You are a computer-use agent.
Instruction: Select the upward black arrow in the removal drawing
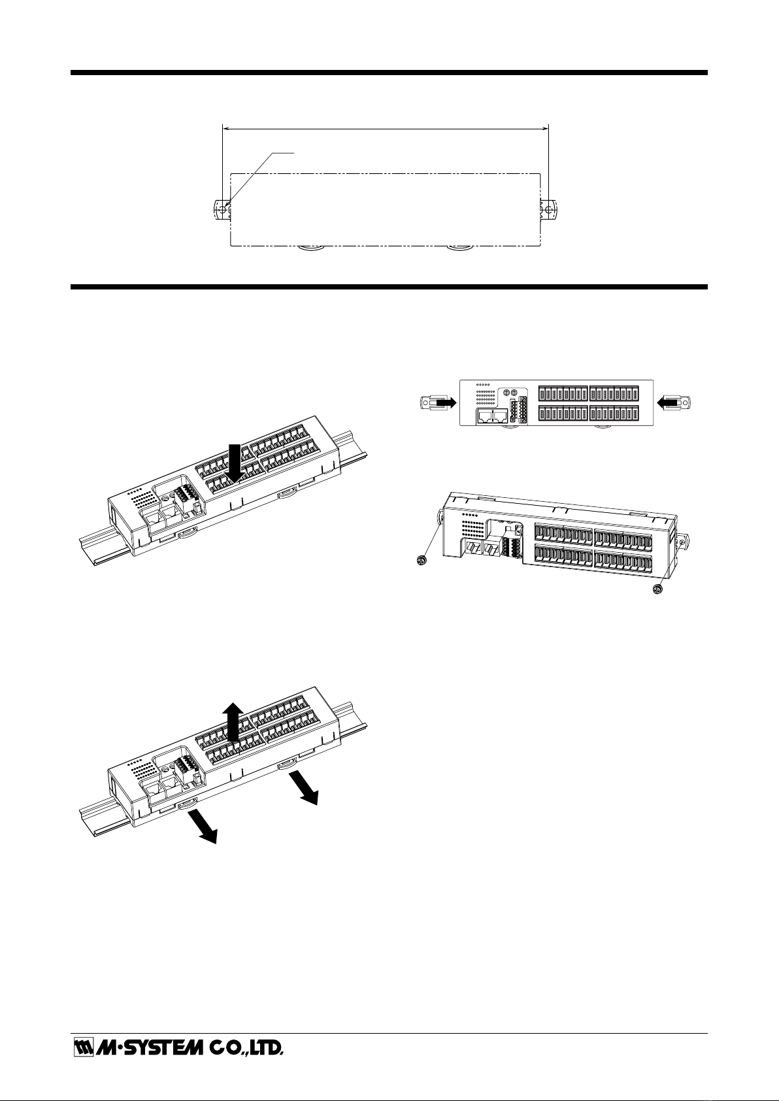[x=232, y=722]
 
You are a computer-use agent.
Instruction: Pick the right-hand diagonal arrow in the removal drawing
[x=304, y=789]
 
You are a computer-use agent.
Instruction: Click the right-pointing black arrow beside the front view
[x=445, y=403]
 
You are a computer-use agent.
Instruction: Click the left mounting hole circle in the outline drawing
[x=223, y=210]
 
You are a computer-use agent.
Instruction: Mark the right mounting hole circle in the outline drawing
[x=548, y=210]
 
